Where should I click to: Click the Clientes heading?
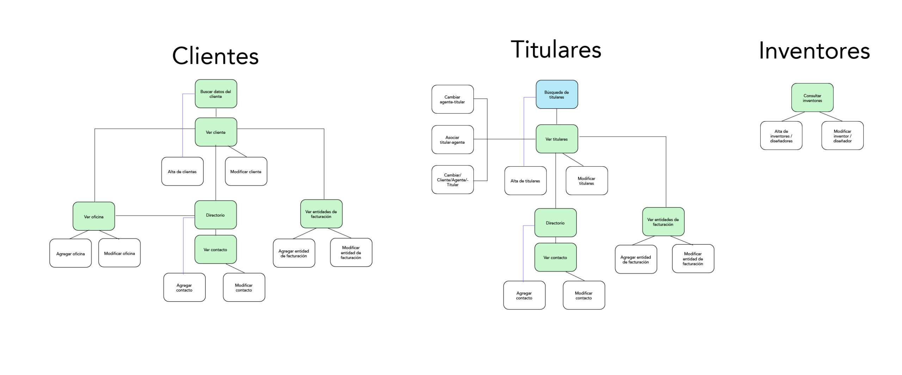click(215, 56)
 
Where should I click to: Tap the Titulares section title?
click(556, 49)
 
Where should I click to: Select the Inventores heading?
click(814, 51)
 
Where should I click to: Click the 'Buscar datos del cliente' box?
click(216, 94)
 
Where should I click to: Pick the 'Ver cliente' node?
click(216, 132)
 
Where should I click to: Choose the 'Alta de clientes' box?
click(182, 171)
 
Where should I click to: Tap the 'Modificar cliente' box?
click(246, 171)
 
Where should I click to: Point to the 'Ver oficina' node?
click(94, 216)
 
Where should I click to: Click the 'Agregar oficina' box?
click(70, 253)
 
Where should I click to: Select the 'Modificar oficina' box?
click(119, 253)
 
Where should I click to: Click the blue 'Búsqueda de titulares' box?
click(556, 94)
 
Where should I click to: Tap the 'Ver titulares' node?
click(556, 139)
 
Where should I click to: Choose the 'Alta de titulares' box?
click(525, 181)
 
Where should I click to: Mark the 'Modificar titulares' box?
click(586, 181)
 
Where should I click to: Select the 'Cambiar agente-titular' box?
click(452, 99)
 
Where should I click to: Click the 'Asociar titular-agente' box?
click(452, 140)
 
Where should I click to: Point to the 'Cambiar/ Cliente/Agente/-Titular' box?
click(452, 180)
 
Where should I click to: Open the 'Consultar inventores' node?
click(812, 98)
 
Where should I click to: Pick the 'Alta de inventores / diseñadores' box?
click(781, 136)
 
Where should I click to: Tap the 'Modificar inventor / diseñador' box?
click(842, 136)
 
